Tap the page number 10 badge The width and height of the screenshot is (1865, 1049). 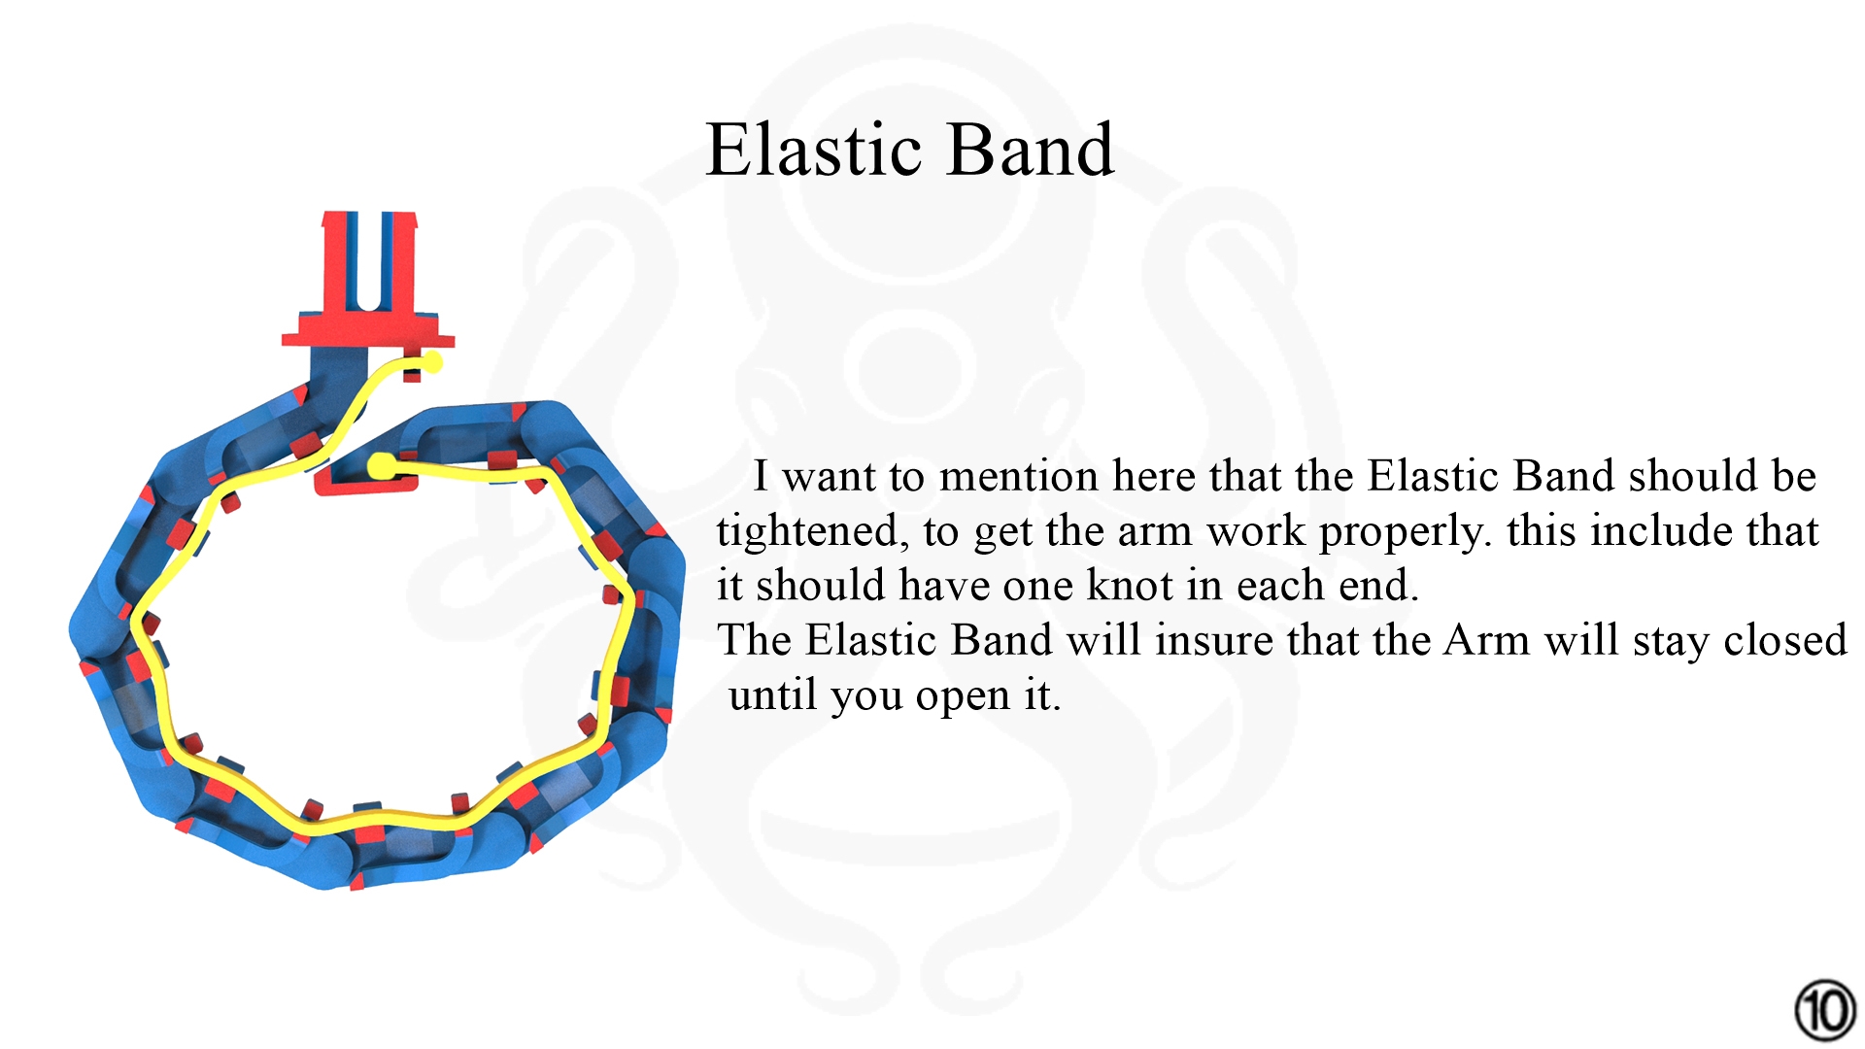(x=1825, y=1010)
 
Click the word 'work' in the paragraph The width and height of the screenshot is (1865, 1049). (x=1253, y=531)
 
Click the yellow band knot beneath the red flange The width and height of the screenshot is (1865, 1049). (x=431, y=363)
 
